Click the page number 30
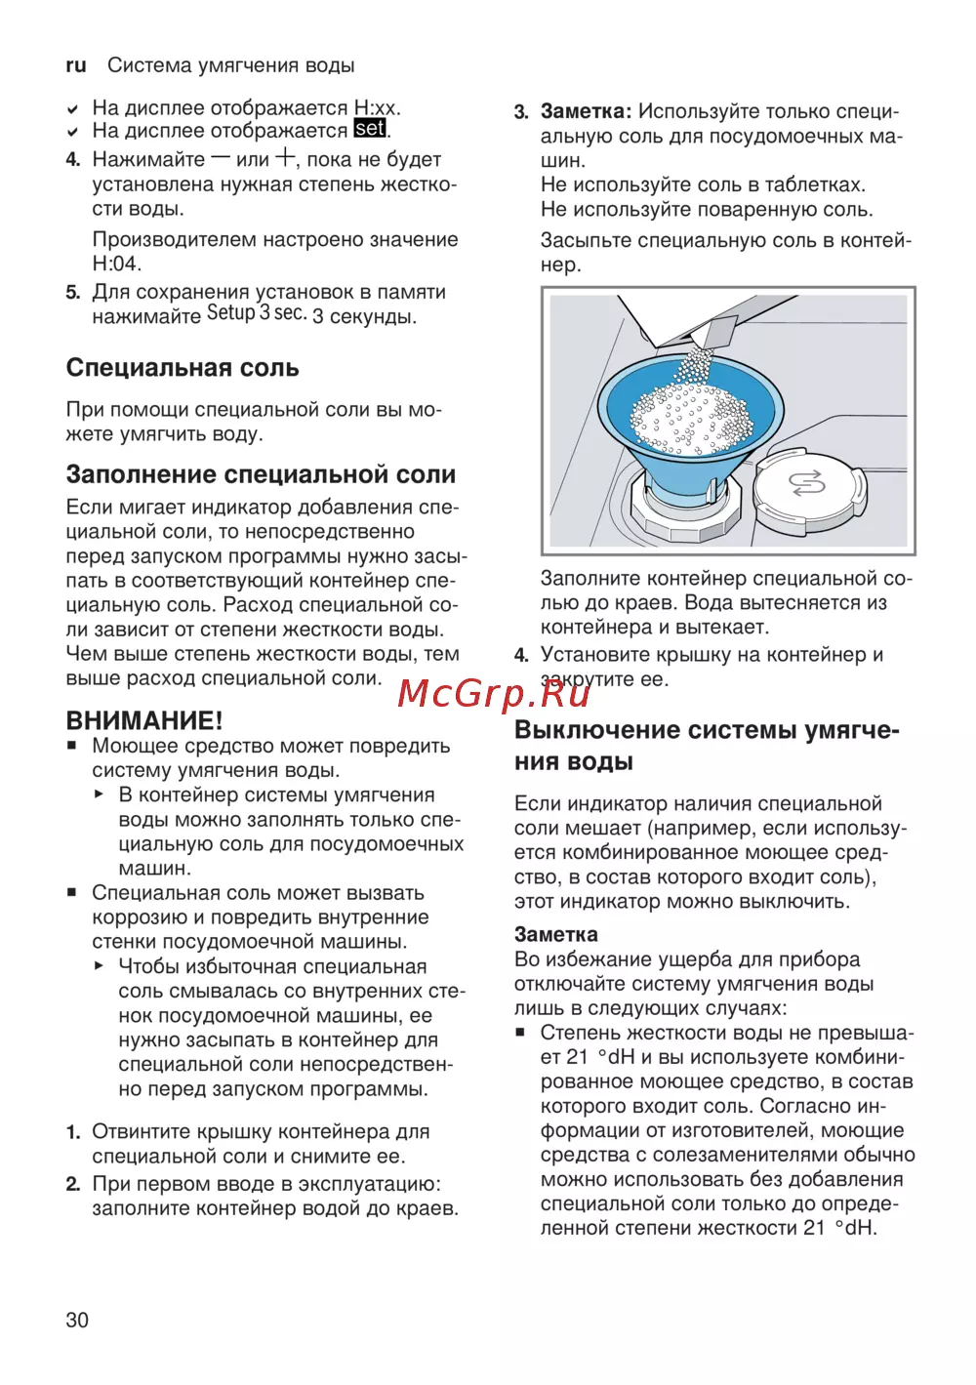pos(77,1320)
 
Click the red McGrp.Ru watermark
pos(495,693)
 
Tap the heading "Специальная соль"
pos(183,368)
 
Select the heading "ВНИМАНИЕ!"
pos(144,720)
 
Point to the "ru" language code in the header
pos(76,65)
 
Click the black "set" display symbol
pos(370,129)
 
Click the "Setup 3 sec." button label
pos(257,313)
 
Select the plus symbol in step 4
pos(285,157)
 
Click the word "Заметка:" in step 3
pos(587,112)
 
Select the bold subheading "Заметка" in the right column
pos(556,934)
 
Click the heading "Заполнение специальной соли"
pos(261,474)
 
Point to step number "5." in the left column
pos(73,293)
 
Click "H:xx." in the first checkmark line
pos(377,107)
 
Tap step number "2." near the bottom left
pos(73,1184)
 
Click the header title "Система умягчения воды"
pos(230,65)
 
